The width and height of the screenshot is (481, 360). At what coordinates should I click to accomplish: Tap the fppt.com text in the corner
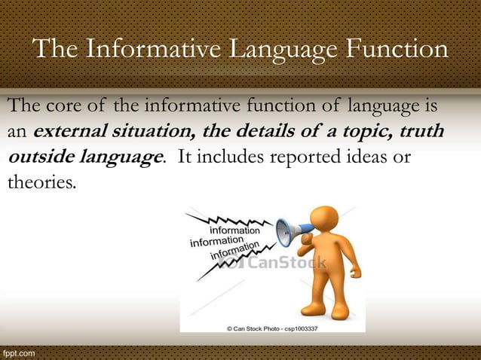click(20, 352)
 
